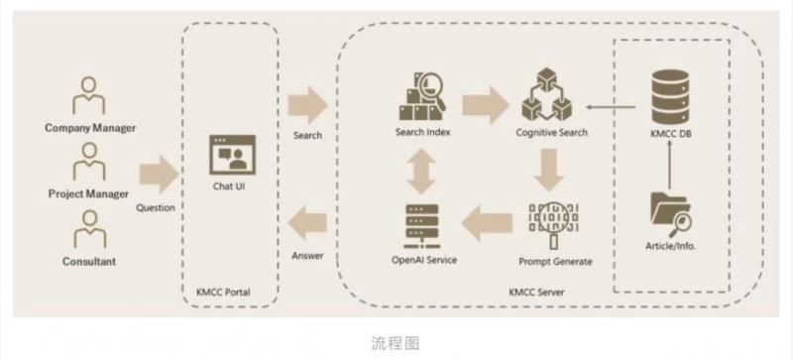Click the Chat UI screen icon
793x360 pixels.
229,154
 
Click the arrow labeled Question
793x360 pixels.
157,176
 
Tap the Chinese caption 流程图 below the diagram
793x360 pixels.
396,343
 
